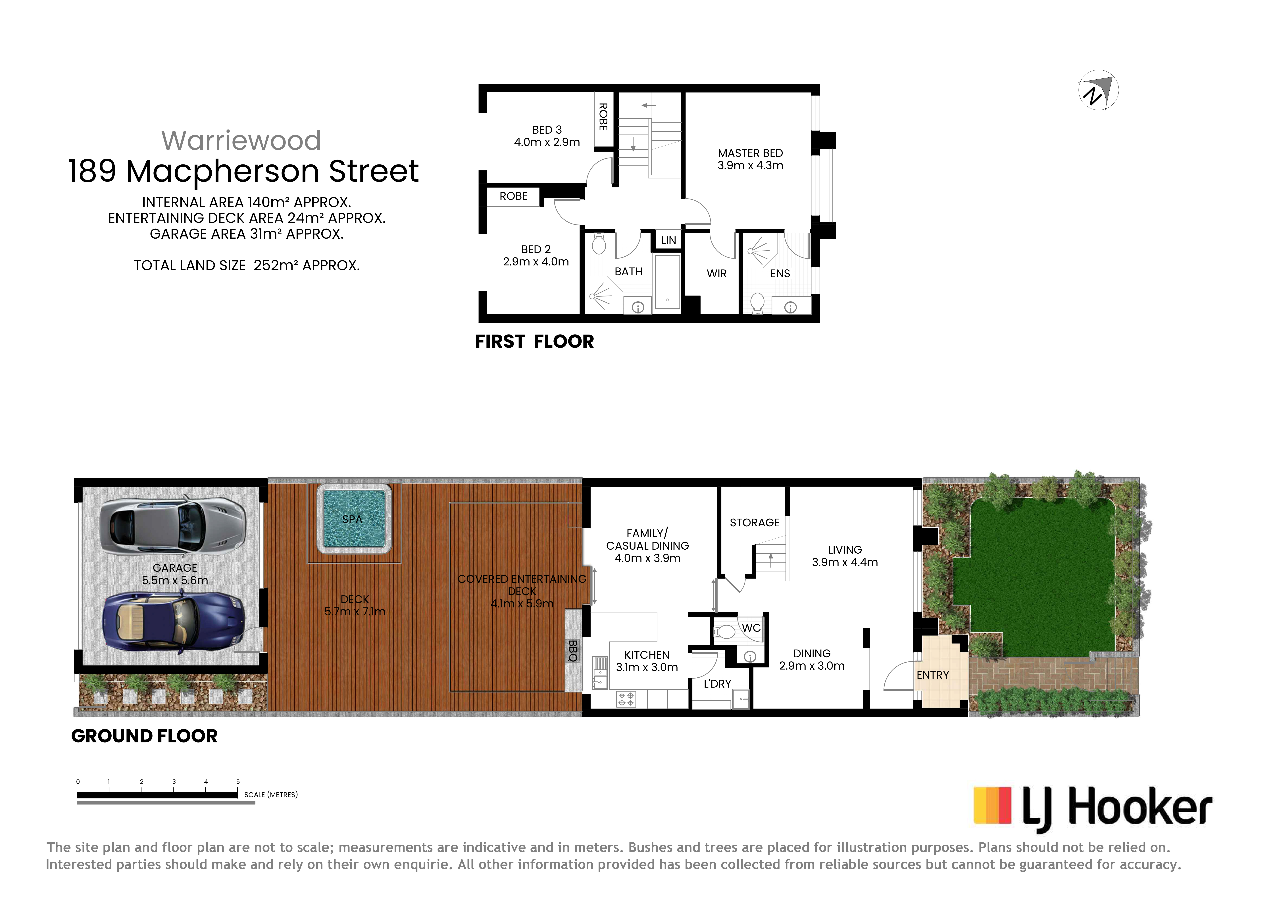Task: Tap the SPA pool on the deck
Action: [x=354, y=519]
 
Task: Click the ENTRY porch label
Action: [x=933, y=675]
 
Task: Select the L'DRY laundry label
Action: [x=717, y=684]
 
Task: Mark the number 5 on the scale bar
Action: [x=238, y=782]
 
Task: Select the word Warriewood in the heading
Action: [x=241, y=140]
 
